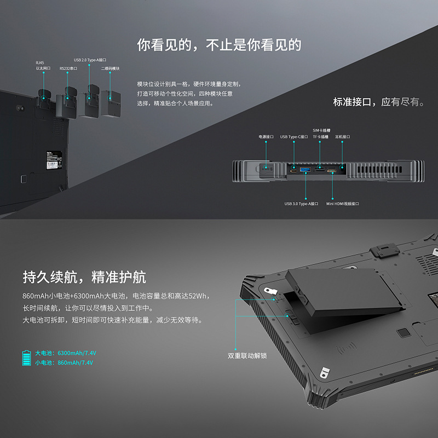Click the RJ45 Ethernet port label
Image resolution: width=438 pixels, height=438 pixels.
coord(43,66)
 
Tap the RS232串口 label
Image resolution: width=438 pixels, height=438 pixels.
coord(68,68)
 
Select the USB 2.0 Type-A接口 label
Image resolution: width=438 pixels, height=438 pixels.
coord(90,60)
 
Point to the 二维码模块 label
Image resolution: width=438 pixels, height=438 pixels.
coord(110,68)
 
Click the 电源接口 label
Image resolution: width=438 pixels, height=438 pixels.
coord(266,136)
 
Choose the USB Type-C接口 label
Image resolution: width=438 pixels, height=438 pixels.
coord(294,136)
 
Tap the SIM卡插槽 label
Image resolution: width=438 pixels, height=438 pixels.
coord(321,130)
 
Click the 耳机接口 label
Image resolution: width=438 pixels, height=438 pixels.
coord(342,136)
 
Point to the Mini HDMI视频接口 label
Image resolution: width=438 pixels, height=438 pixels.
coord(343,204)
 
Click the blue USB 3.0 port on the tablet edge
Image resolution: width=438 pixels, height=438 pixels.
coord(305,171)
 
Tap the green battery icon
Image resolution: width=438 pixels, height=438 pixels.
coord(26,358)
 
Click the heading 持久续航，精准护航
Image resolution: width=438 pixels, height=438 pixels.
coord(84,277)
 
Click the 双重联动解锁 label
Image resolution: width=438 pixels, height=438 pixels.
coord(247,355)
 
